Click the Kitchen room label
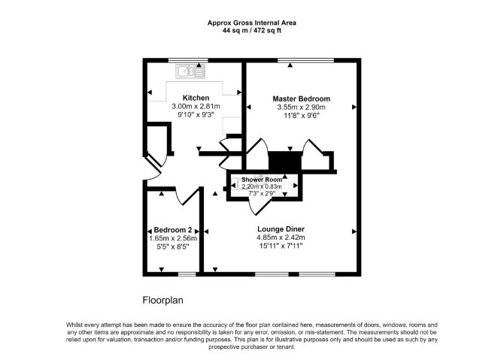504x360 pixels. point(196,98)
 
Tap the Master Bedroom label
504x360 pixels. point(301,98)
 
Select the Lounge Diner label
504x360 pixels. point(281,229)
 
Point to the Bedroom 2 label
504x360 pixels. point(173,230)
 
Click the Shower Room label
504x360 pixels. point(262,180)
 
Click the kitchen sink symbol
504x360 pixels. point(190,71)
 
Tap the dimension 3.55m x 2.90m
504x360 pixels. point(301,107)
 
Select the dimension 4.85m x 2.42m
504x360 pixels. point(281,237)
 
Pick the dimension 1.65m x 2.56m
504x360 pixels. point(173,238)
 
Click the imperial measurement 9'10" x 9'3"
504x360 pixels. point(196,115)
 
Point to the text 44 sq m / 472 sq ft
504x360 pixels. point(252,31)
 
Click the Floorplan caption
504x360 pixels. point(163,301)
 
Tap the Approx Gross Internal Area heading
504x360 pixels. point(252,23)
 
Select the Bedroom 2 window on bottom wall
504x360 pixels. point(187,274)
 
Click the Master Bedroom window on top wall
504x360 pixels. point(305,60)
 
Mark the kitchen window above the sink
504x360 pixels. point(188,60)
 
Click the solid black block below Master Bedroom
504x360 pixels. point(285,162)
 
